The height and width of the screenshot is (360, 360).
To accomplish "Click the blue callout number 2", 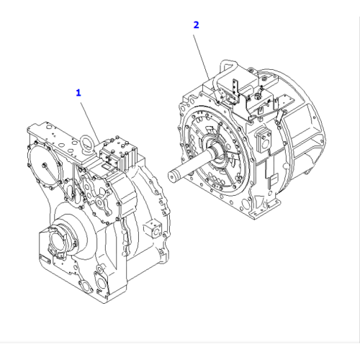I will [195, 24].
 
